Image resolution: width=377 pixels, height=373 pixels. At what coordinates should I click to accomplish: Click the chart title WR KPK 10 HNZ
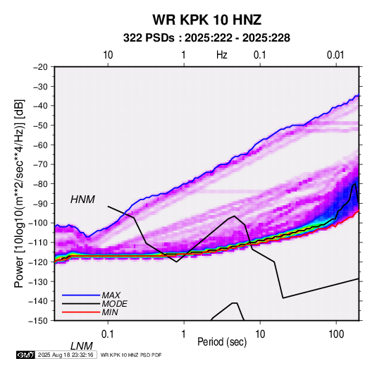tap(206, 20)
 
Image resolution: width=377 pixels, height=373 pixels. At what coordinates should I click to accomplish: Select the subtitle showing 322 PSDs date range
tap(206, 38)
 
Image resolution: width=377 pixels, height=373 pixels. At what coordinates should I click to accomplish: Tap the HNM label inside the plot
tap(82, 200)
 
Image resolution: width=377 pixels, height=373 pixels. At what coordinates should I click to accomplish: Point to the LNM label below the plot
tap(82, 346)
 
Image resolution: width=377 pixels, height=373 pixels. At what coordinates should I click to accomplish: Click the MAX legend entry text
tap(111, 295)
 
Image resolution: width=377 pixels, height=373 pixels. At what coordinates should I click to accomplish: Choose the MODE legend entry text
tap(114, 304)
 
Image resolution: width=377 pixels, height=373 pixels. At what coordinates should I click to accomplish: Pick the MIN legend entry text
tap(110, 312)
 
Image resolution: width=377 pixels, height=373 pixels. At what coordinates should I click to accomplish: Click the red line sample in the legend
tap(81, 312)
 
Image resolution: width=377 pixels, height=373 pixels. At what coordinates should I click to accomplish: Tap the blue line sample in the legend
tap(81, 295)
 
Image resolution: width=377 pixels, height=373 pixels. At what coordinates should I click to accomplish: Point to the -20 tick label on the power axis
tap(40, 67)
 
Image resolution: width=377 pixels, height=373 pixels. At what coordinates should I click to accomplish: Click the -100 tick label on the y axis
tap(38, 223)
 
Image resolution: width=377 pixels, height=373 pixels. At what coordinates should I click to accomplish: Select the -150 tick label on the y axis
tap(38, 321)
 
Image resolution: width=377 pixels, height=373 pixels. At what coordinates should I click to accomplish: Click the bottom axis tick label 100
tap(336, 334)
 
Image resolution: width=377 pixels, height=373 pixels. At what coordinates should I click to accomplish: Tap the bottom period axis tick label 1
tap(184, 334)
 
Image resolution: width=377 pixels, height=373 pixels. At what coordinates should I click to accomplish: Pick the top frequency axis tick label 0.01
tap(335, 55)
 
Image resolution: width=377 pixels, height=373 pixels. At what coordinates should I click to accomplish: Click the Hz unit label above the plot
tap(222, 55)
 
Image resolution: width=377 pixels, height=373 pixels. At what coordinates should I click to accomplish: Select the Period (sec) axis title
tap(222, 342)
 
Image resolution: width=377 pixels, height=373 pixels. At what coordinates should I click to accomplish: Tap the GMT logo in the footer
tap(25, 355)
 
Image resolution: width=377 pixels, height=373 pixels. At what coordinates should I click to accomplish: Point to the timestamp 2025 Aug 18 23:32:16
tap(66, 355)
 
